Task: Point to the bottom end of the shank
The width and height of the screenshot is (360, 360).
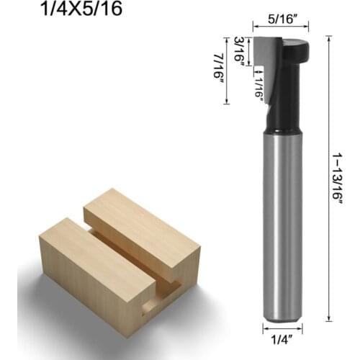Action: [282, 317]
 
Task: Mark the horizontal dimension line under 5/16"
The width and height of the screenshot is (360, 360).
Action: [281, 26]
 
